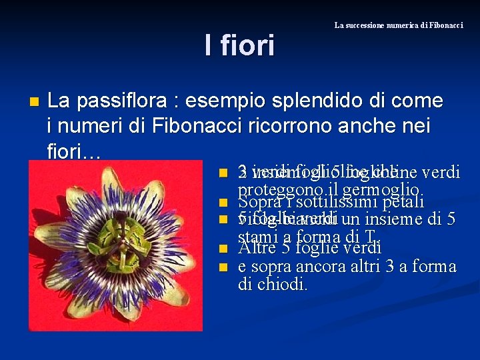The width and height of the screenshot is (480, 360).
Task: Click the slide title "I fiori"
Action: [x=239, y=46]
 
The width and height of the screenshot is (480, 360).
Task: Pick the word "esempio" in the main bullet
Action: [x=223, y=101]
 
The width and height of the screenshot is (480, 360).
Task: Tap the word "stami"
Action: [x=259, y=236]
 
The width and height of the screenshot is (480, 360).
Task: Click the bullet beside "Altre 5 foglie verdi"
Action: [x=223, y=249]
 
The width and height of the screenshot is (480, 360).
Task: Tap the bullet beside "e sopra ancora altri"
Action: [x=223, y=267]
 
